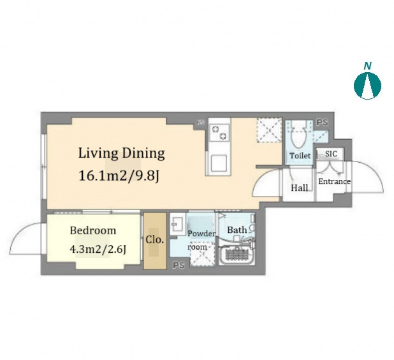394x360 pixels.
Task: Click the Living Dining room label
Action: (x=122, y=153)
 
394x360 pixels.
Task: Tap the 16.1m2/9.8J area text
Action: (x=119, y=176)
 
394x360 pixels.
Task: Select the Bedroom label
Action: (x=93, y=230)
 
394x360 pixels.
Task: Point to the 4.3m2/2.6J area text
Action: (x=98, y=250)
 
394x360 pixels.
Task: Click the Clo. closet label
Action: (x=155, y=239)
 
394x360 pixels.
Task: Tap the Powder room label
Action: (x=201, y=240)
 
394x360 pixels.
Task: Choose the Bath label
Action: (x=237, y=230)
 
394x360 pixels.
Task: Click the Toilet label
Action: (x=300, y=156)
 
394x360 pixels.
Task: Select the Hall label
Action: (x=299, y=188)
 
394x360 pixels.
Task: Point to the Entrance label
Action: (x=334, y=181)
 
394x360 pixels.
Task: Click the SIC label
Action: (x=331, y=154)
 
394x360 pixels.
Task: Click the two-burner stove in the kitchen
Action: (x=219, y=132)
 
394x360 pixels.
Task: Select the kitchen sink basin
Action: (x=219, y=163)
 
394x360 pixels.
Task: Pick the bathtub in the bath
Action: (x=237, y=255)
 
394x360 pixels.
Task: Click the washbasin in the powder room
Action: (x=178, y=223)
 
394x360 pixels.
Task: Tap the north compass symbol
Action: (x=367, y=86)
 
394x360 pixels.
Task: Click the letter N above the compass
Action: (x=368, y=66)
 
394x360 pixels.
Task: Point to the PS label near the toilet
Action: (x=322, y=123)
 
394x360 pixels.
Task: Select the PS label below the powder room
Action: (x=179, y=265)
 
